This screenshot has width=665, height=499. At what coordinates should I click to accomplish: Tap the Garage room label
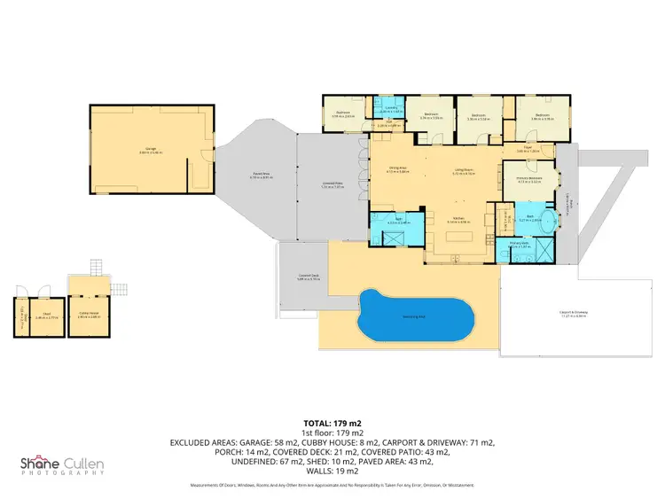coord(152,149)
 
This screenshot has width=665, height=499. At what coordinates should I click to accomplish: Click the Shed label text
coord(43,314)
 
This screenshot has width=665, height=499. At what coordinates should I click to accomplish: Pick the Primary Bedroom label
coord(529,179)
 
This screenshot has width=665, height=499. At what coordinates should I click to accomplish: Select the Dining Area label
coord(387,169)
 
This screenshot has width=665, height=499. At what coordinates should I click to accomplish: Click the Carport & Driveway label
coord(575,312)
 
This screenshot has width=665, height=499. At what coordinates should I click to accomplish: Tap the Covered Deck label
coord(309,277)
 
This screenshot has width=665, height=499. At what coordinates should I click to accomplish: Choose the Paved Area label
coord(262,175)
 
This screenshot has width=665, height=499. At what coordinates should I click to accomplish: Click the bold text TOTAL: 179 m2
coord(332,424)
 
